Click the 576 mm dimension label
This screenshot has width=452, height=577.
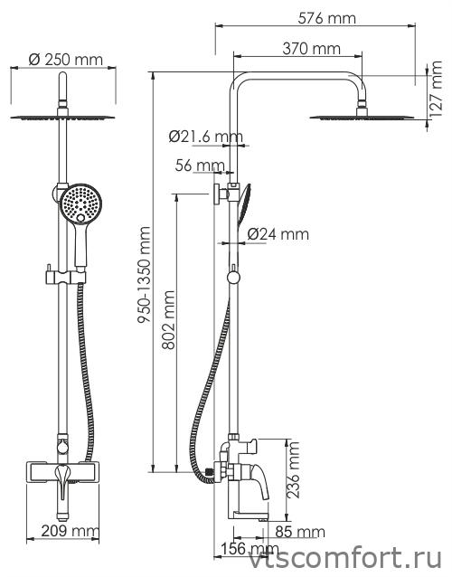(326, 18)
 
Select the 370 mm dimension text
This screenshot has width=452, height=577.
(312, 49)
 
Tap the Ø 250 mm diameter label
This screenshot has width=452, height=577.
(66, 60)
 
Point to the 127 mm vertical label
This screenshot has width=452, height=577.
(436, 89)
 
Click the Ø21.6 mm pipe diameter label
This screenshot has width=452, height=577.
(206, 137)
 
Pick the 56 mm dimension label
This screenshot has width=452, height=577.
(200, 166)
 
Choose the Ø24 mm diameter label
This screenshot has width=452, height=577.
(278, 234)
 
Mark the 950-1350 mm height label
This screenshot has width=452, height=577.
(144, 275)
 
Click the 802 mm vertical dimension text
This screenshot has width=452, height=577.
(169, 320)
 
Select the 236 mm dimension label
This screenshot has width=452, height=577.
(294, 470)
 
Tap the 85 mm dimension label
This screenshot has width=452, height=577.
(300, 532)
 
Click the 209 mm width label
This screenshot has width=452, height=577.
(70, 531)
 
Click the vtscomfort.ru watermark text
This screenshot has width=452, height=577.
(345, 560)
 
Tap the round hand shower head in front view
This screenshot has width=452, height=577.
(80, 203)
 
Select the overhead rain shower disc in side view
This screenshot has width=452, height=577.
(362, 118)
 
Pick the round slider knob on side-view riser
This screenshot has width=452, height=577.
(233, 277)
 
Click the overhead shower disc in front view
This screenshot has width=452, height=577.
(62, 118)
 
